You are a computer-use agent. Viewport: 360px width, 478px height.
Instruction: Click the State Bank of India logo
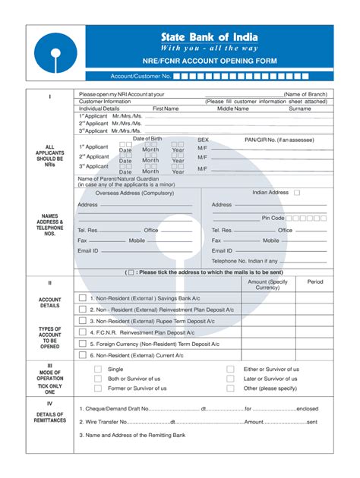click(52, 54)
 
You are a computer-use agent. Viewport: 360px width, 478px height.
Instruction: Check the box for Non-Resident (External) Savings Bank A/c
click(82, 298)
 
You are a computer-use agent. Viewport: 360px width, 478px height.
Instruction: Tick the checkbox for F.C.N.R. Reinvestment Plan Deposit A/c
click(82, 332)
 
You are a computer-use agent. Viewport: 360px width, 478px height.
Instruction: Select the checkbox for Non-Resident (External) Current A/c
click(82, 354)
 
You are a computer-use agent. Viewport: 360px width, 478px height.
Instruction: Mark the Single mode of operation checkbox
click(97, 369)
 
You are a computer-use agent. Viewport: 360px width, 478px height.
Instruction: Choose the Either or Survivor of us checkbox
click(230, 369)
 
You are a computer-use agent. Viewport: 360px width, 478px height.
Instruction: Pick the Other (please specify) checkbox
click(230, 388)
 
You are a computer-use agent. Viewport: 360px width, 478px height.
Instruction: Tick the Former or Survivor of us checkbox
click(97, 388)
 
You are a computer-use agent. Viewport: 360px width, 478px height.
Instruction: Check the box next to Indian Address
click(297, 193)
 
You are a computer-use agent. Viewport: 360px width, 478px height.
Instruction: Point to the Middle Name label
click(232, 108)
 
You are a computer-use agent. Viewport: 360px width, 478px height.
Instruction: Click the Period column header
click(314, 281)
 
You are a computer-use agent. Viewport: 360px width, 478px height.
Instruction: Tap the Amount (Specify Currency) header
click(268, 285)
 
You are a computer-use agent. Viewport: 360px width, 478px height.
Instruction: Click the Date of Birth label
click(147, 139)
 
